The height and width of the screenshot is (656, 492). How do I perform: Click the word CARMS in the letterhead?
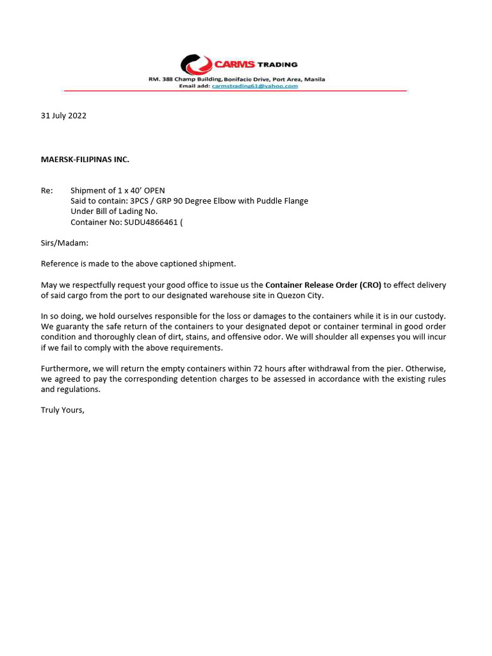click(x=234, y=65)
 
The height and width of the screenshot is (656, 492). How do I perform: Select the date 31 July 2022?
click(x=63, y=116)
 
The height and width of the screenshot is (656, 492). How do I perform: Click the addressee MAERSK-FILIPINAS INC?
click(x=85, y=160)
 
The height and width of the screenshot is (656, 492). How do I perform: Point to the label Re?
click(x=47, y=190)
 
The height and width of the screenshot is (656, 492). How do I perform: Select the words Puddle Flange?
click(x=283, y=201)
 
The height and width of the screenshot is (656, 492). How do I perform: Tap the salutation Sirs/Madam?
click(x=65, y=243)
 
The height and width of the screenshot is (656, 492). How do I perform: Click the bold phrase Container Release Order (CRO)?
click(x=323, y=285)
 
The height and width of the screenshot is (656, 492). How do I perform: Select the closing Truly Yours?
click(x=63, y=410)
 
